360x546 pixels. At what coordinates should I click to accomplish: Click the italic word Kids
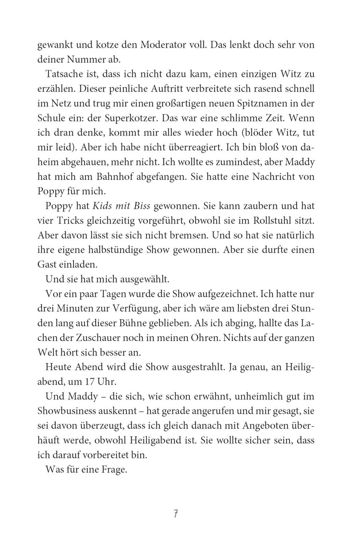pos(101,206)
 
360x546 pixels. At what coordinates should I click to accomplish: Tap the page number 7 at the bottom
pos(176,514)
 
